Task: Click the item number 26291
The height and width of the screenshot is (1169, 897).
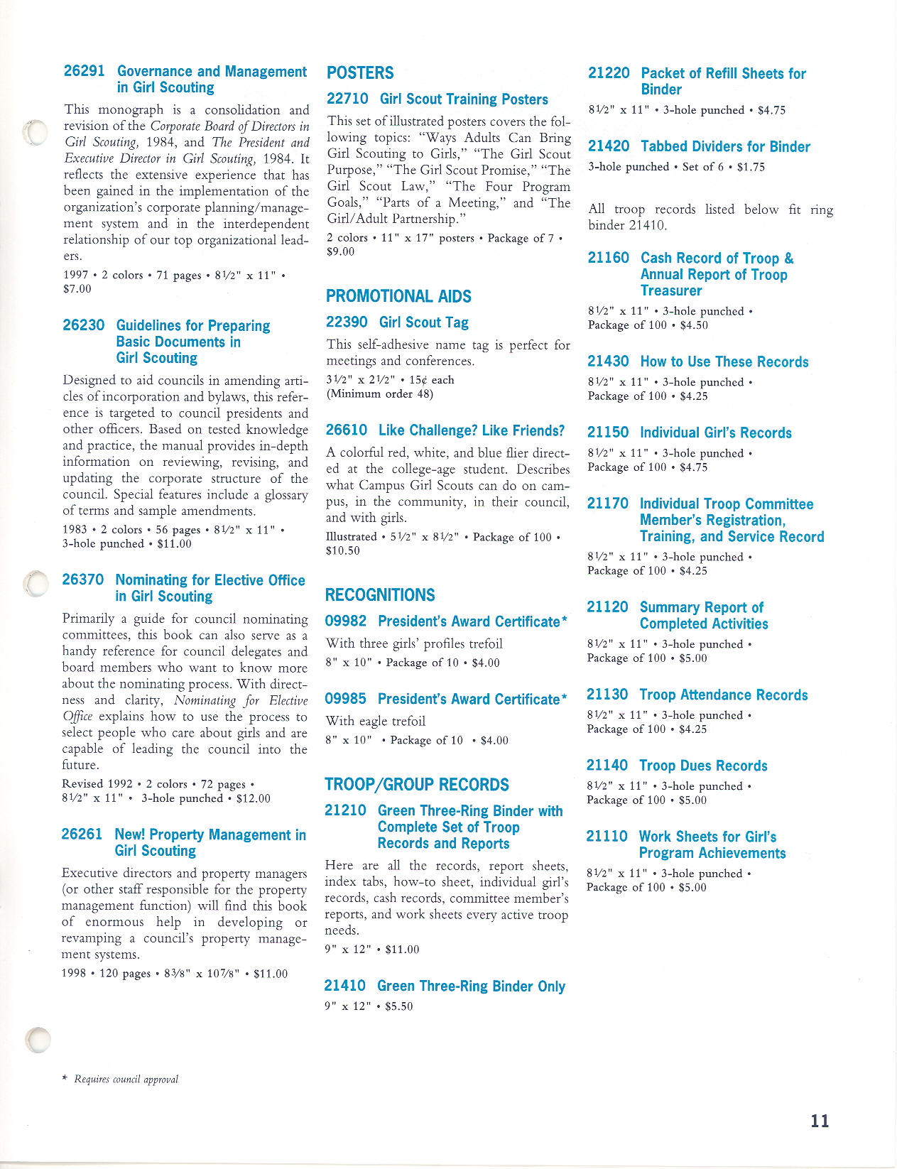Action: click(84, 71)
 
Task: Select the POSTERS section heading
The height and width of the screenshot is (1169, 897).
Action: click(360, 73)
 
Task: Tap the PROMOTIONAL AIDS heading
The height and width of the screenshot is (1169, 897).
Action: click(398, 296)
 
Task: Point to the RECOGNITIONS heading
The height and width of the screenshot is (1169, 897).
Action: click(380, 595)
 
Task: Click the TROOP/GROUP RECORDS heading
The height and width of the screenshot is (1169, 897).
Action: click(417, 785)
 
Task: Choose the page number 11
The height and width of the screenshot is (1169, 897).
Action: click(820, 1121)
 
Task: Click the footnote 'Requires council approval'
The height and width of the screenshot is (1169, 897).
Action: click(126, 1080)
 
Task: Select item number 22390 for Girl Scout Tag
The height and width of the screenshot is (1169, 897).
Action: click(347, 322)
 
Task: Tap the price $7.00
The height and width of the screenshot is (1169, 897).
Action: click(77, 289)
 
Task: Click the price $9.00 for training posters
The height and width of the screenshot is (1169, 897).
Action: click(341, 251)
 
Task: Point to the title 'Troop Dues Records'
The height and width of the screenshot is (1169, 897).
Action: click(703, 766)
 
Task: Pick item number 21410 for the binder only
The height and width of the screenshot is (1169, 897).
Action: click(345, 986)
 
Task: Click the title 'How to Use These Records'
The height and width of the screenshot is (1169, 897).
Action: click(724, 362)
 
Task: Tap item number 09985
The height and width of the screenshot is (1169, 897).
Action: click(346, 699)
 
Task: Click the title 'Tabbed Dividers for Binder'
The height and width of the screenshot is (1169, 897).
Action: click(725, 147)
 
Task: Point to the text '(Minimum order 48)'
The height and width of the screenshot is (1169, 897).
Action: click(379, 393)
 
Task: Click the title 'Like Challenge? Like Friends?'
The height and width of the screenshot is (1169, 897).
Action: click(472, 430)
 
